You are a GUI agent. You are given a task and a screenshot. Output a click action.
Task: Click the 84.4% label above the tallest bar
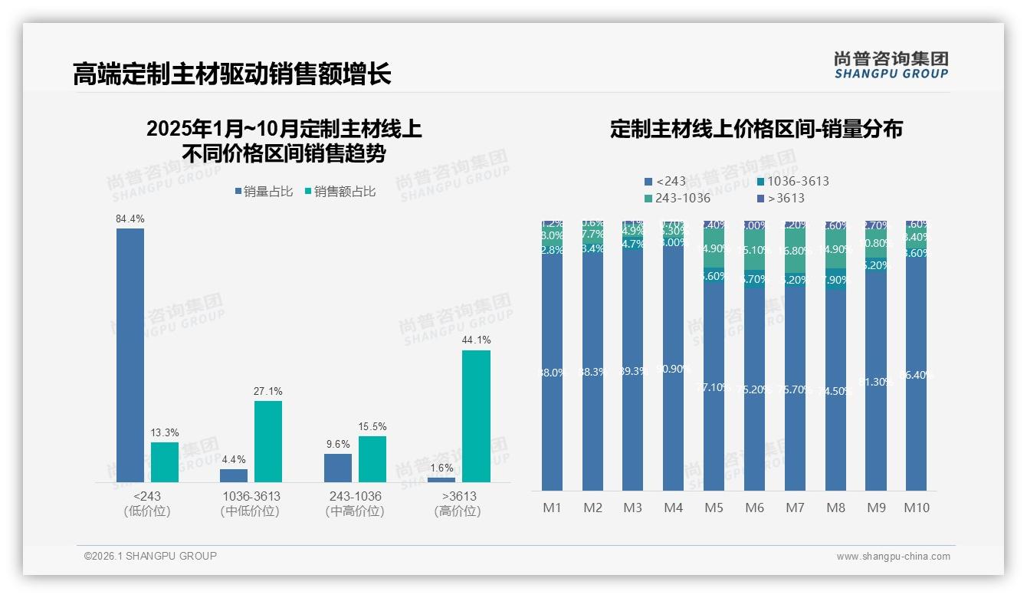pos(130,219)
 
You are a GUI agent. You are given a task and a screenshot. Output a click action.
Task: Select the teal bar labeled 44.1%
pos(476,416)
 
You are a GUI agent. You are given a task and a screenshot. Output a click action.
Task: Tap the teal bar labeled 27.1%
pos(267,442)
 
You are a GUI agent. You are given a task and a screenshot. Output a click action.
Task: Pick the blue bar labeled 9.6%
pos(337,468)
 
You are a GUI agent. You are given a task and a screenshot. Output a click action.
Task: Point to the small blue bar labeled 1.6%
pos(441,479)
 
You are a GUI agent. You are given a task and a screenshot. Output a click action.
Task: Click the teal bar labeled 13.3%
pos(164,462)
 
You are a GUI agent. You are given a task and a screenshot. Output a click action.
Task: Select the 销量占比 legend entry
pos(264,192)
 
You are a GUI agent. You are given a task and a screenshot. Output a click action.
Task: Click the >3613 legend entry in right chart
pos(780,198)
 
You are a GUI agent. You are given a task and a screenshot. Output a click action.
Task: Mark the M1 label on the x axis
pos(552,508)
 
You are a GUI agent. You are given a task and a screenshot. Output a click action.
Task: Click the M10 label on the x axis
pos(916,508)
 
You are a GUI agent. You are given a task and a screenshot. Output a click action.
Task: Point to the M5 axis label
pos(714,508)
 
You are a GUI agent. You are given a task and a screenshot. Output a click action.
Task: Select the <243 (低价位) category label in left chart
pos(146,504)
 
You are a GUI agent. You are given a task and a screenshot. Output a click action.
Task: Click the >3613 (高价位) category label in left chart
pos(458,504)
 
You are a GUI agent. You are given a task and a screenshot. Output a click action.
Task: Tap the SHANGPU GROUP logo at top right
pos(891,65)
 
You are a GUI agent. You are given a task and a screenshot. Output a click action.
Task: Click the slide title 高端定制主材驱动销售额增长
pos(231,74)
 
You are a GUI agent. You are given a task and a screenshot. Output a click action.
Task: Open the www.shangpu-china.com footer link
pos(893,556)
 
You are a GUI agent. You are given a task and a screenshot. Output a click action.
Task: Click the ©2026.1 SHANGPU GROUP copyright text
pos(150,556)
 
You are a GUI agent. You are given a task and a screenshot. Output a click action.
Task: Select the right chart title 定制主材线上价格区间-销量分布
pos(756,129)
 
